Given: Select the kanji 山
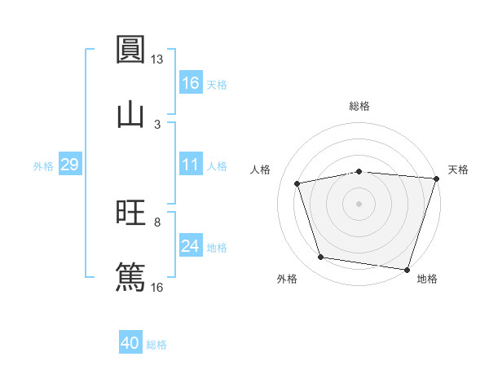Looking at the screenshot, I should click(131, 113).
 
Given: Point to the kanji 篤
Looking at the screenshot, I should click(131, 275).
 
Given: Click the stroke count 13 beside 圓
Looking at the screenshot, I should click(156, 59).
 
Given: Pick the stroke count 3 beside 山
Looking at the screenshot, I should click(157, 124).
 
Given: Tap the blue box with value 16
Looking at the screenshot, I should click(190, 83).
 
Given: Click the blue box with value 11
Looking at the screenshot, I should click(190, 165).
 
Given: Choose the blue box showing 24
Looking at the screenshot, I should click(190, 246).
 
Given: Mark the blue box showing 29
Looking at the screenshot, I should click(69, 165).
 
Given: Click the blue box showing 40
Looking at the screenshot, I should click(130, 343).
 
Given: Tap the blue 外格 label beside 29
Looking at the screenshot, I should click(43, 166).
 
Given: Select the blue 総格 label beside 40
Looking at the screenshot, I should click(156, 345).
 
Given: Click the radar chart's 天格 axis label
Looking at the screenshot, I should click(458, 169).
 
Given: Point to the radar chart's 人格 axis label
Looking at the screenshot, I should click(261, 169).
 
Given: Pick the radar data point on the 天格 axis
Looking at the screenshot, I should click(435, 178).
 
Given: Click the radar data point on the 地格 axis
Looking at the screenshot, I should click(406, 269).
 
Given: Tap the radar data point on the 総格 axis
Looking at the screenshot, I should click(359, 171).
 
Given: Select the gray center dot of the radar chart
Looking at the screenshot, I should click(359, 203).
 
